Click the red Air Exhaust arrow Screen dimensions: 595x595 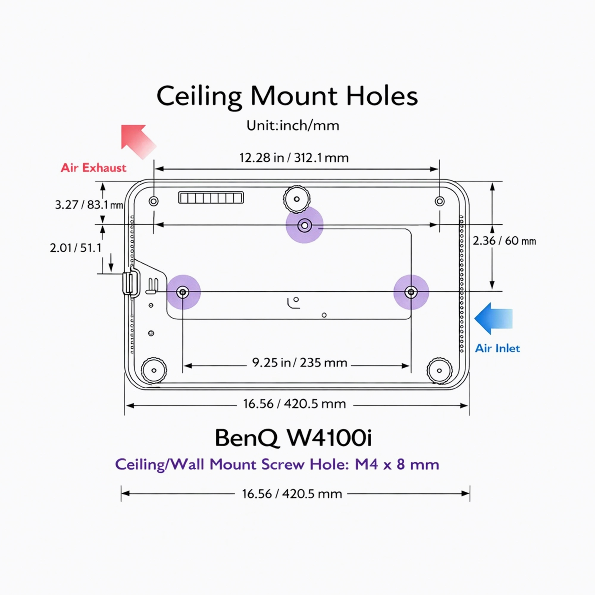tap(137, 140)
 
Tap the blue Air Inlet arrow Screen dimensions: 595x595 tap(493, 318)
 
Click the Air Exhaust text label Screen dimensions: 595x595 tap(93, 168)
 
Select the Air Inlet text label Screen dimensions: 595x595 tap(497, 348)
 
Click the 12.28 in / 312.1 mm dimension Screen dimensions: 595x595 tap(294, 158)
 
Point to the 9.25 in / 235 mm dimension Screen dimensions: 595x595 tap(299, 363)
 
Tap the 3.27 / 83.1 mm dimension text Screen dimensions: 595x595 tap(89, 204)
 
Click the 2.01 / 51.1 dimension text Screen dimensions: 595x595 tap(76, 248)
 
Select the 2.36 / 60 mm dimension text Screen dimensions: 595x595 tap(504, 241)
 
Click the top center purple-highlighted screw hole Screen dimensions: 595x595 tap(304, 226)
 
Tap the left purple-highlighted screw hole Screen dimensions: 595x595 tap(183, 292)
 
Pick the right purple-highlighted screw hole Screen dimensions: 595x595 tap(411, 292)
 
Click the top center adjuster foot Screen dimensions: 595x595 tap(296, 199)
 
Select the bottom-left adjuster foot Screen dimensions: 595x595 tap(154, 370)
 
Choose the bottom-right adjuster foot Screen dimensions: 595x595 tap(439, 370)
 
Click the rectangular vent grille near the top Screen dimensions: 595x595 tap(211, 198)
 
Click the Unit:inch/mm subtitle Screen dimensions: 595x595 tap(292, 126)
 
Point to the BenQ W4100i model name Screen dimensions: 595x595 tap(293, 438)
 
